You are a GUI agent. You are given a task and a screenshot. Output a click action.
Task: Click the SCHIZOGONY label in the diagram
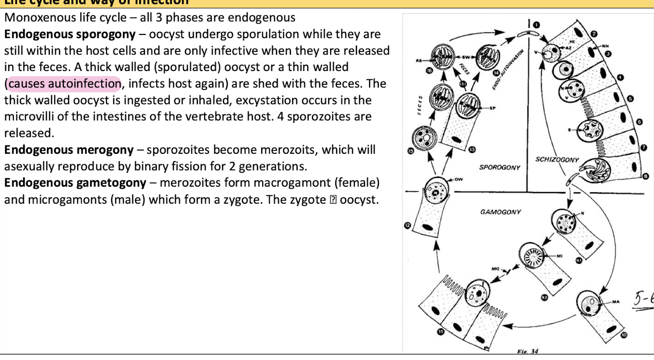(557, 159)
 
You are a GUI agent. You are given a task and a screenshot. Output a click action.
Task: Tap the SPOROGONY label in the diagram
(500, 167)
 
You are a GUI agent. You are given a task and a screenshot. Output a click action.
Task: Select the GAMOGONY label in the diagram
(500, 211)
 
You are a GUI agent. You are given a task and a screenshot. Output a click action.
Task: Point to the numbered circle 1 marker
(535, 24)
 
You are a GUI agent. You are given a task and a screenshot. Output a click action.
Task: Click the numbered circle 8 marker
(646, 176)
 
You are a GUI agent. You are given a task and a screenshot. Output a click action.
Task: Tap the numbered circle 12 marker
(408, 225)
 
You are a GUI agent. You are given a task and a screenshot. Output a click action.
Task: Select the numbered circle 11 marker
(441, 332)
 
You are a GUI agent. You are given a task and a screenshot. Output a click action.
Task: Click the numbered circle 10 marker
(624, 335)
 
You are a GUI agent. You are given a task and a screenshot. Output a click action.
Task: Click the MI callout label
(560, 255)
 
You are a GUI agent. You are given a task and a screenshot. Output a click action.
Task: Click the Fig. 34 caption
(528, 351)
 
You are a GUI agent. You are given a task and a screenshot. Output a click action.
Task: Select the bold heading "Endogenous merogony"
(69, 150)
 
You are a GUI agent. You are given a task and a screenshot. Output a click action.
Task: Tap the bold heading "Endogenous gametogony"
(76, 183)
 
